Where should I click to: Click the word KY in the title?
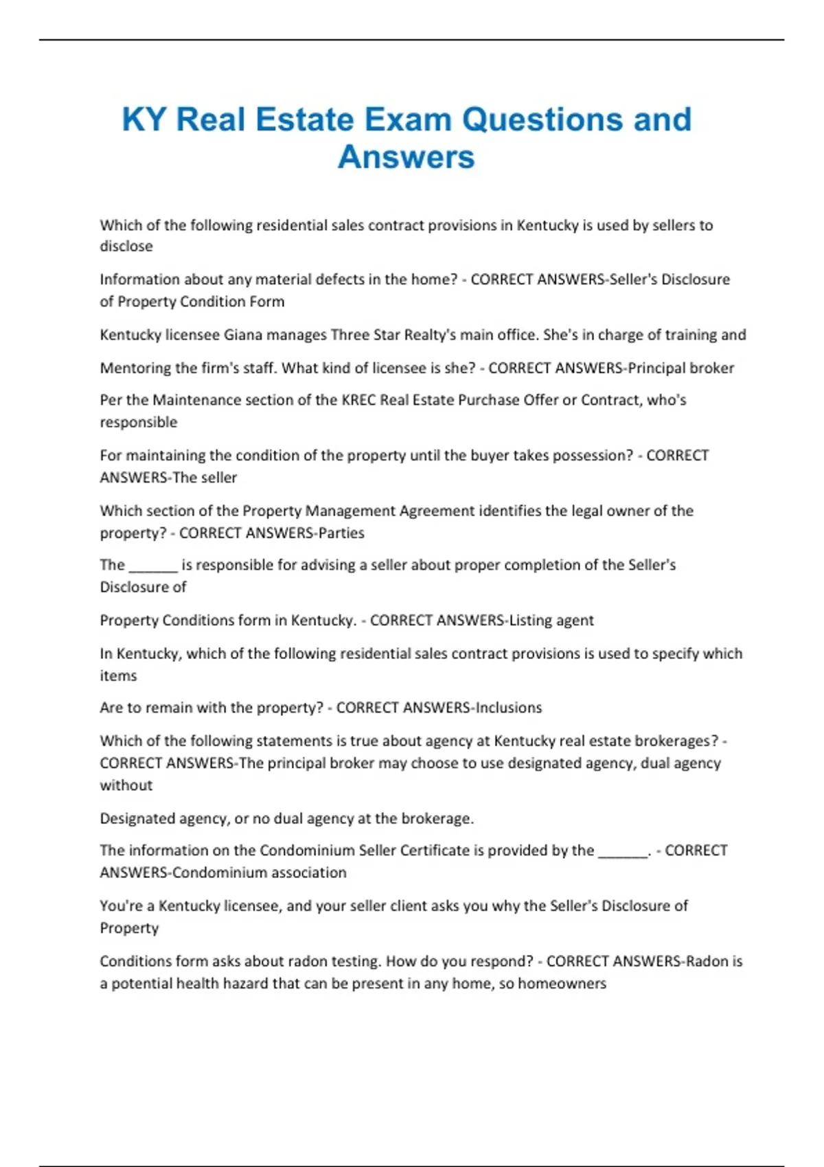coord(144,119)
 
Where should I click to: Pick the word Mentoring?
coord(135,368)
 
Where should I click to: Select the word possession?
coord(589,456)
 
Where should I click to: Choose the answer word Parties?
coord(341,533)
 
